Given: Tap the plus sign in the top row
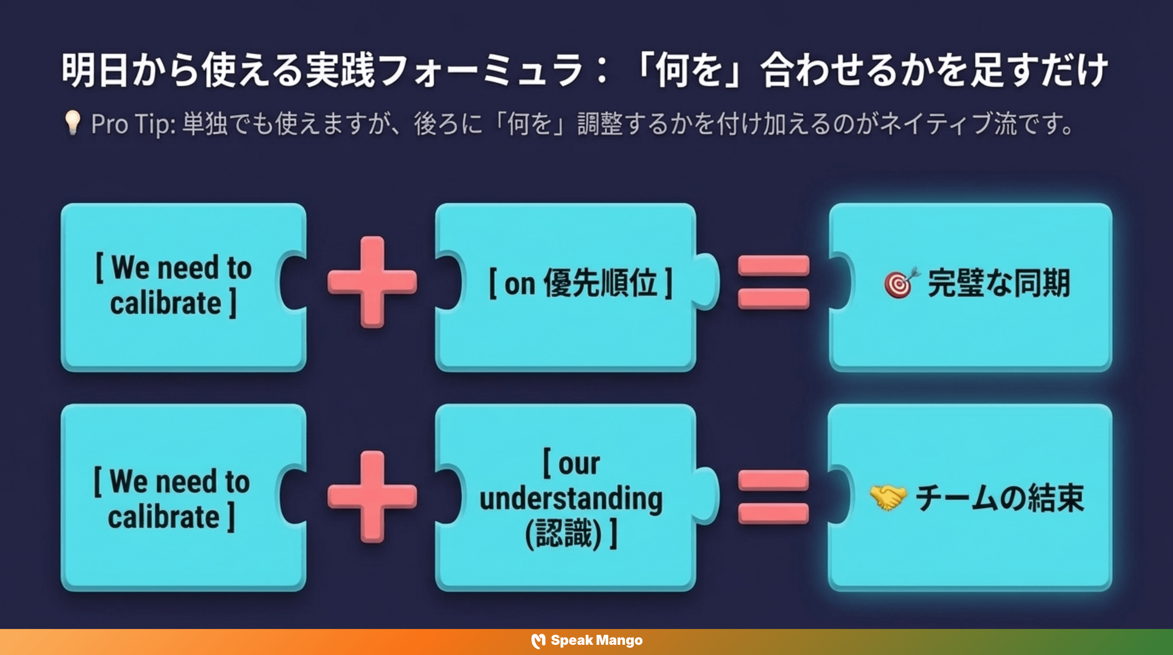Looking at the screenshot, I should (x=372, y=282).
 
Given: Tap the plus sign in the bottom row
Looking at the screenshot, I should (x=372, y=496).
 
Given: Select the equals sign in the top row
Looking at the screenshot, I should (x=774, y=282).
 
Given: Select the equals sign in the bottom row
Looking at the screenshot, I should (x=774, y=497).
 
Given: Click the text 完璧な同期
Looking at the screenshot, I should (x=999, y=283).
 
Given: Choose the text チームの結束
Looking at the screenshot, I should (x=1000, y=498).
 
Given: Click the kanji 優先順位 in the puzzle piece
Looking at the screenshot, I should (x=601, y=283).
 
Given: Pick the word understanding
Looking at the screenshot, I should (x=571, y=498).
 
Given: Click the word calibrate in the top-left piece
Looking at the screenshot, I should (x=166, y=303).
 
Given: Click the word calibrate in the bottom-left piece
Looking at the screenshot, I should (x=164, y=517).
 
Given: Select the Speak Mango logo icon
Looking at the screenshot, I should (x=538, y=641).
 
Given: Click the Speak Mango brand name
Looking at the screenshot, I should (x=597, y=641).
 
